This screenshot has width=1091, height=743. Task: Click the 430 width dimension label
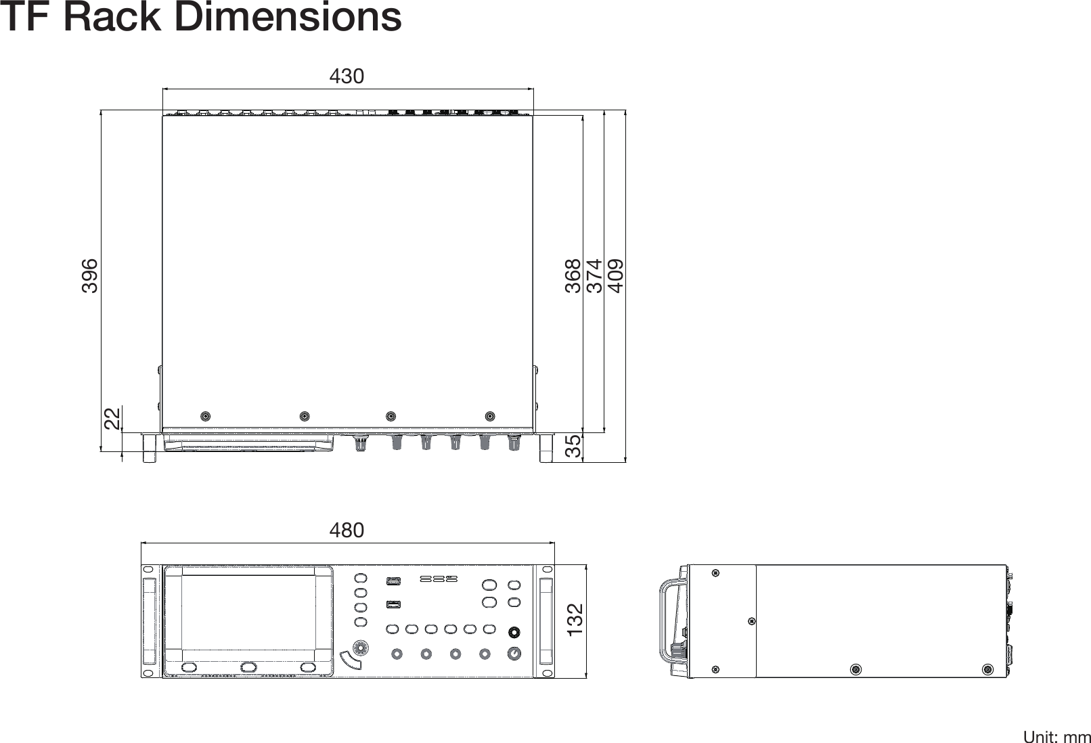click(x=347, y=76)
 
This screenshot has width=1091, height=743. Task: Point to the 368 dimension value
click(x=573, y=275)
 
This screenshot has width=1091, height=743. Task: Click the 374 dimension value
click(x=594, y=275)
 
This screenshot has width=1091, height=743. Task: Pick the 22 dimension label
click(x=112, y=419)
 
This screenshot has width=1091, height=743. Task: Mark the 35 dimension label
click(x=573, y=447)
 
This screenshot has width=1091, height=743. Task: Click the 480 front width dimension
click(x=347, y=530)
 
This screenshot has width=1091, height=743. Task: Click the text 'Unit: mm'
click(x=1056, y=736)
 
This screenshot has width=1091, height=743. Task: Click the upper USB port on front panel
click(x=393, y=581)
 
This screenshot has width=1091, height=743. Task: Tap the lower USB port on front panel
click(x=393, y=604)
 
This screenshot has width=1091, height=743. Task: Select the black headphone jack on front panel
click(x=514, y=633)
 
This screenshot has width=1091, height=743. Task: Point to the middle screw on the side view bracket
click(x=751, y=621)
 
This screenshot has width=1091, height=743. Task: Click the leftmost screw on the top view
click(x=205, y=416)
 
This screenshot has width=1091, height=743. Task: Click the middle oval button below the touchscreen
click(x=248, y=667)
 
